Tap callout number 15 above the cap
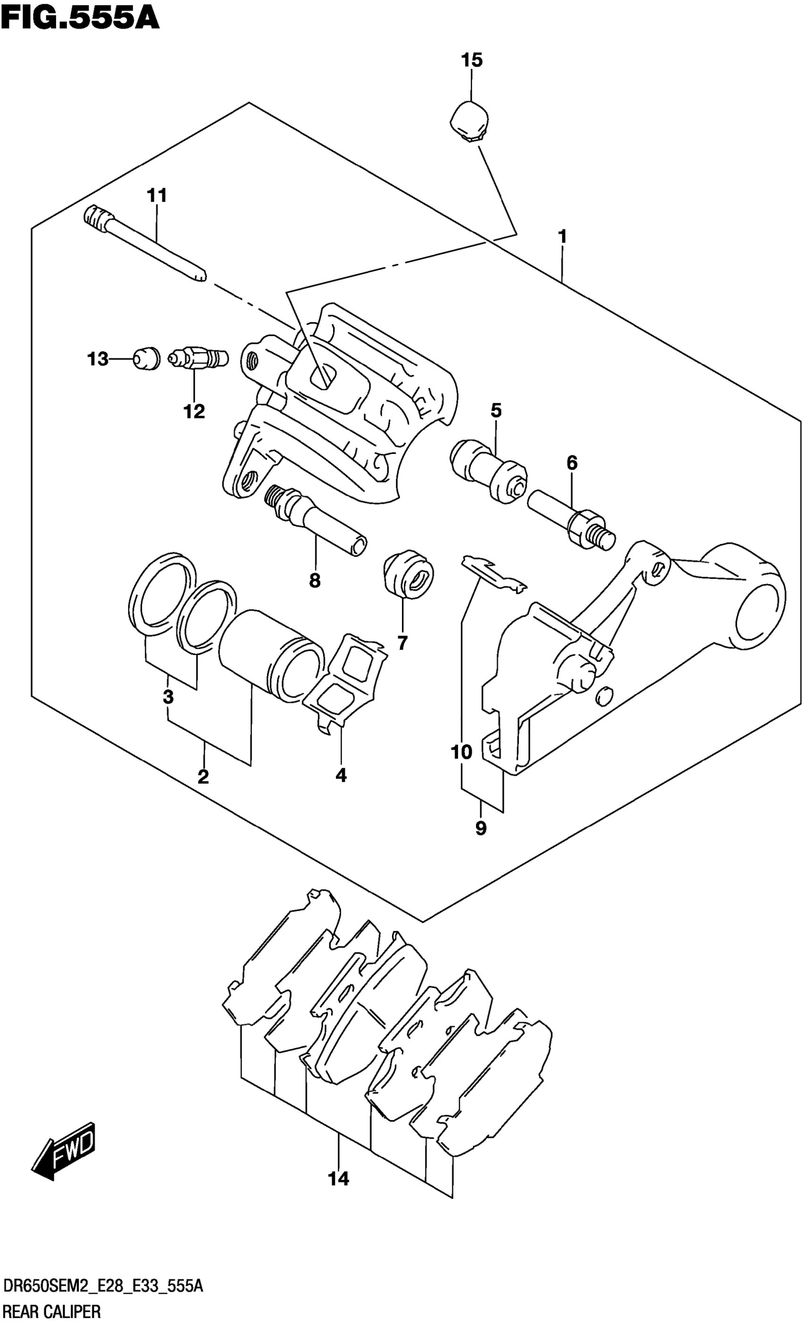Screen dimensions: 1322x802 (472, 60)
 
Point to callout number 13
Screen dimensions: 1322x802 (98, 359)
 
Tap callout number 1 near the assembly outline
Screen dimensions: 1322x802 (562, 236)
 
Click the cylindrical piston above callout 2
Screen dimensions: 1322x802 (271, 653)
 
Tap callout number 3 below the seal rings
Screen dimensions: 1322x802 (168, 697)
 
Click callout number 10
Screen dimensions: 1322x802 (461, 752)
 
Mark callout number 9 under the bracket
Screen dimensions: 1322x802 (481, 828)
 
